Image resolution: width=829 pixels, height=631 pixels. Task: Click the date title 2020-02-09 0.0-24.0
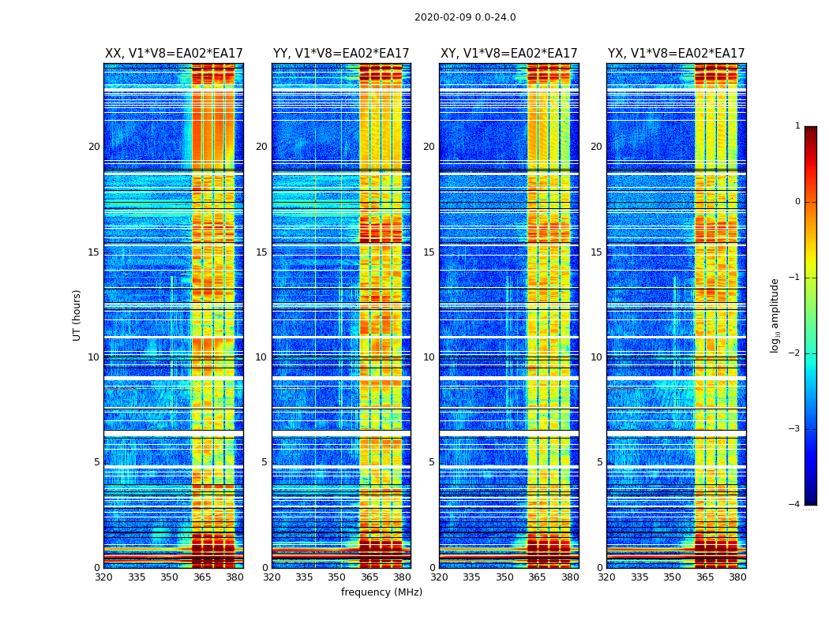(465, 17)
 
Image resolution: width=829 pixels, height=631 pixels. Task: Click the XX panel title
(174, 54)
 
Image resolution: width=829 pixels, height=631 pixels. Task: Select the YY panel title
(341, 54)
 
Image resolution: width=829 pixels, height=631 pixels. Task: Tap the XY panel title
(508, 54)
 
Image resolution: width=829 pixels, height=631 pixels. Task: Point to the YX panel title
(676, 54)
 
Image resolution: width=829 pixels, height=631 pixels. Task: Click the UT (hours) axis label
(77, 315)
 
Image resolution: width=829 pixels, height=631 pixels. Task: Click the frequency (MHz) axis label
(381, 592)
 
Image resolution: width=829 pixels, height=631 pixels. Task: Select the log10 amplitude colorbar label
(775, 315)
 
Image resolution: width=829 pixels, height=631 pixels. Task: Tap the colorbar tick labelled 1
(797, 126)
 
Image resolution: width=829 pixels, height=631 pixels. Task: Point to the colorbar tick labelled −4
(795, 505)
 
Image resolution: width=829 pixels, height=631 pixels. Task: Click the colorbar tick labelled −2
(795, 353)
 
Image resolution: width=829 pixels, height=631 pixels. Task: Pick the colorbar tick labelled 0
(797, 202)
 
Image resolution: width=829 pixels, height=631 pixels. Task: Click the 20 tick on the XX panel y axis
(94, 147)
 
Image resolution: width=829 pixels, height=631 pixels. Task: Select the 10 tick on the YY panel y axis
(261, 357)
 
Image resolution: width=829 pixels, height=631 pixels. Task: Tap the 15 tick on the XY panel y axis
(429, 252)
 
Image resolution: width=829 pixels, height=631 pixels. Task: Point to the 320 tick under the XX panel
(104, 577)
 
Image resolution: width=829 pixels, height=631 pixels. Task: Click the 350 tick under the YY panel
(337, 577)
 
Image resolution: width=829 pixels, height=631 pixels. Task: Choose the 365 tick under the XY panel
(538, 577)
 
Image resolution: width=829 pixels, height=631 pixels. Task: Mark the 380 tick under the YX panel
(737, 577)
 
